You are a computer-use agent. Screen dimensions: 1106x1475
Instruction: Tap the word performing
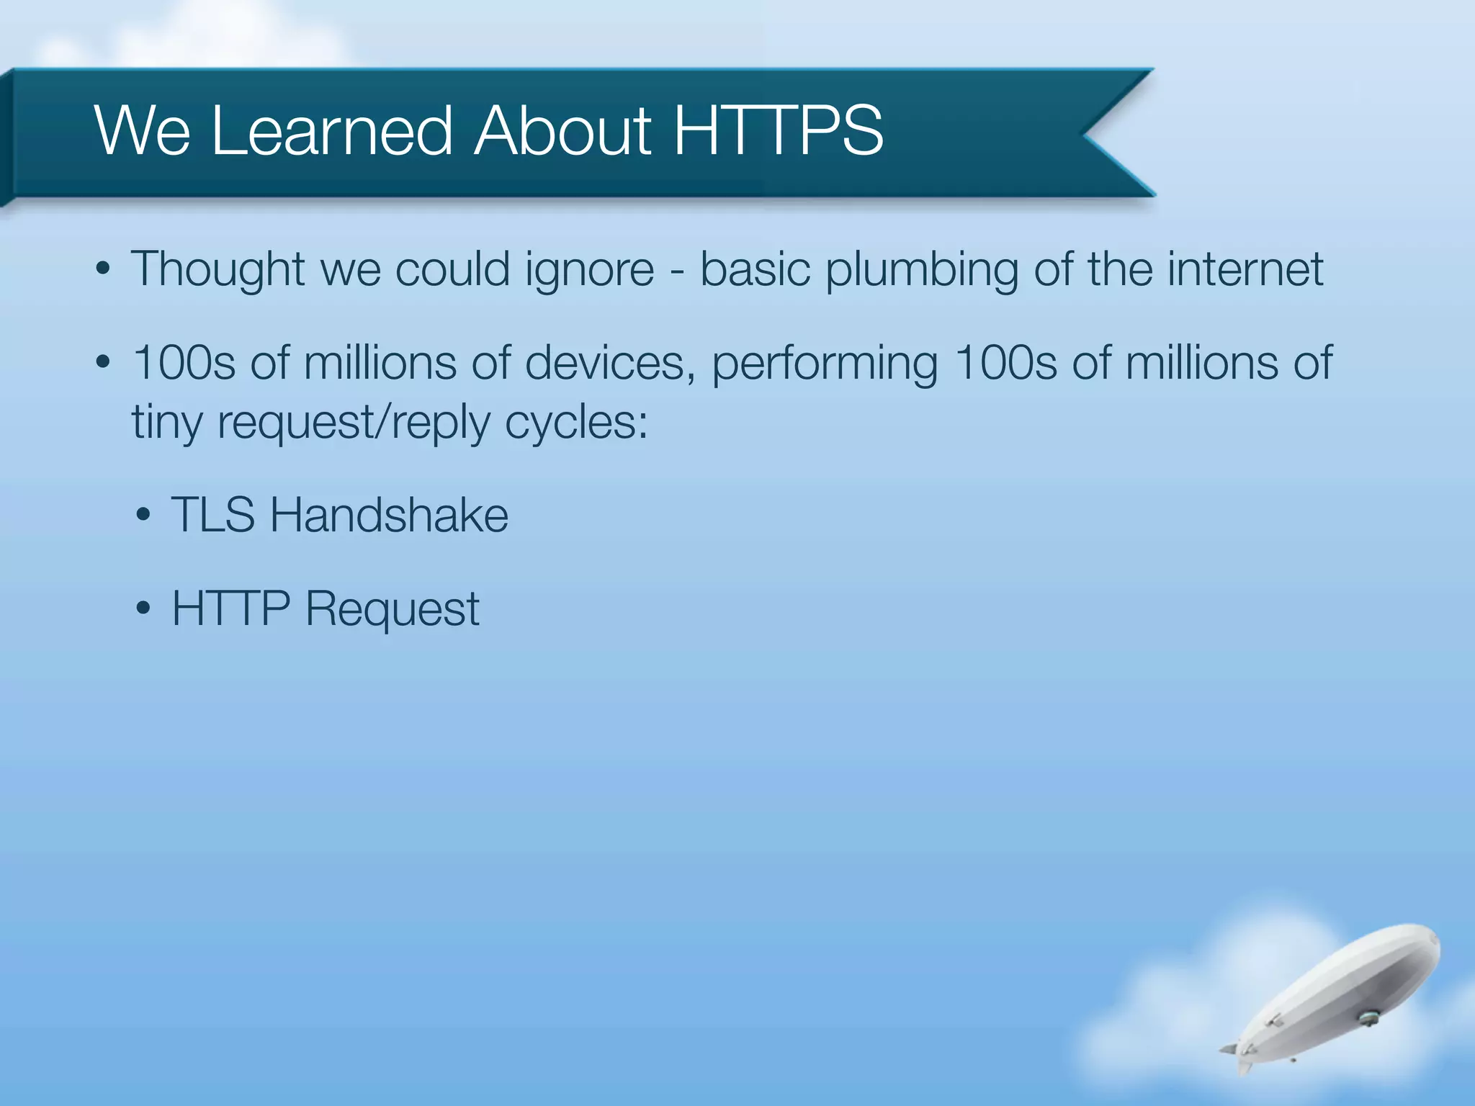pyautogui.click(x=825, y=364)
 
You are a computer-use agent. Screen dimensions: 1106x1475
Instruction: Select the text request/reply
pyautogui.click(x=354, y=423)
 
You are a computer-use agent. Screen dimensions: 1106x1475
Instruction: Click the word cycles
pyautogui.click(x=576, y=423)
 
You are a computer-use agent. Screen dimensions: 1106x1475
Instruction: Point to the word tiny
pyautogui.click(x=167, y=423)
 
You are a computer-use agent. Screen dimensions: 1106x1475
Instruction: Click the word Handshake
pyautogui.click(x=389, y=515)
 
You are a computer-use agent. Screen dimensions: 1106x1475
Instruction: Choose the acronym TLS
pyautogui.click(x=213, y=515)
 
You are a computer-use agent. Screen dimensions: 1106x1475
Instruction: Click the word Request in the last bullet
pyautogui.click(x=393, y=610)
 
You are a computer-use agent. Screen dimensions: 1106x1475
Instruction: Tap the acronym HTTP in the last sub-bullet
pyautogui.click(x=230, y=608)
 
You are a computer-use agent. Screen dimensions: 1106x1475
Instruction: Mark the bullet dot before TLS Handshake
pyautogui.click(x=143, y=516)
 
